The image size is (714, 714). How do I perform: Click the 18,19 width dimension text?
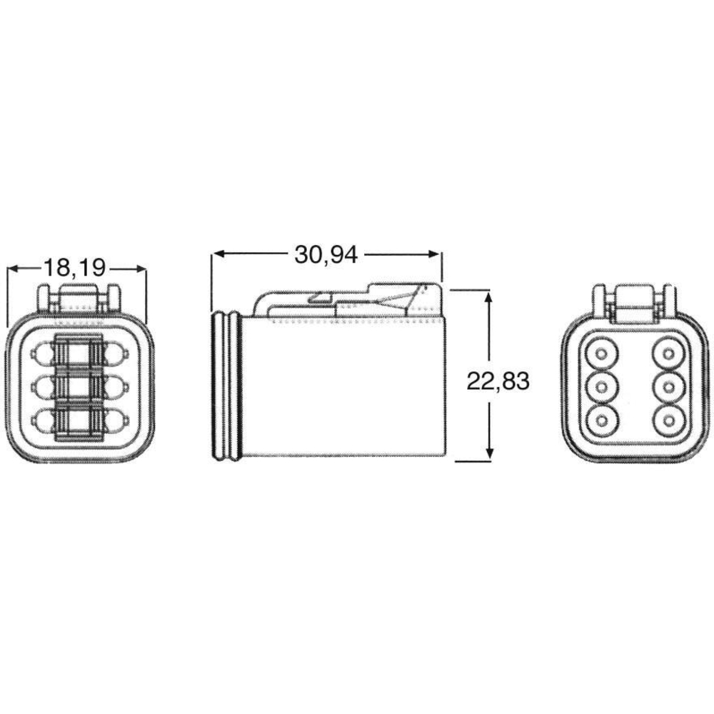[75, 268]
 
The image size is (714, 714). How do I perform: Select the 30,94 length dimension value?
[326, 255]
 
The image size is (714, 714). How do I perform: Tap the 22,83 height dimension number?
[498, 381]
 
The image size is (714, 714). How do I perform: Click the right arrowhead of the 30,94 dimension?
[433, 254]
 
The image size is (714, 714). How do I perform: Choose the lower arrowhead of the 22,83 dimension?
[489, 452]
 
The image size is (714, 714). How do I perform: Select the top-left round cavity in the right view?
[602, 354]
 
